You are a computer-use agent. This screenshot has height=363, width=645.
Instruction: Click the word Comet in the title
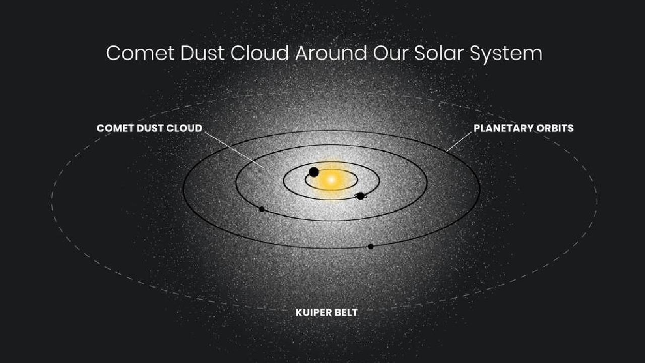click(141, 53)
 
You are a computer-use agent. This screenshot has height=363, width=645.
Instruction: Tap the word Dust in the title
click(203, 53)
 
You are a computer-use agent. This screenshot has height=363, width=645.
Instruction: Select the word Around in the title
click(331, 53)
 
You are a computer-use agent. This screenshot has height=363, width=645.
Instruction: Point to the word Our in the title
click(391, 53)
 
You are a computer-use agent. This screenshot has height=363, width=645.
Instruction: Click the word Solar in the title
click(439, 53)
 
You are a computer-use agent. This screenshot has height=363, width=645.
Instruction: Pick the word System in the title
click(506, 54)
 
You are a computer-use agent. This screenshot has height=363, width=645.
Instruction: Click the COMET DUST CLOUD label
click(150, 128)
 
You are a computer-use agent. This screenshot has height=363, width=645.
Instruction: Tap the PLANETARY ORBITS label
click(524, 128)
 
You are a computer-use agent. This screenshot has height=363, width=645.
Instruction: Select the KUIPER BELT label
click(327, 313)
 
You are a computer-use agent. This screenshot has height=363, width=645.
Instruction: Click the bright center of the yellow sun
click(332, 180)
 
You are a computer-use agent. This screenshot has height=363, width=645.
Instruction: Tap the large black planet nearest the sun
click(313, 172)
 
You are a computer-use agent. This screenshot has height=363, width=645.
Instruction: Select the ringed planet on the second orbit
click(360, 196)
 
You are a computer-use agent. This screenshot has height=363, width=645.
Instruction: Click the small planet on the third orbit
click(262, 209)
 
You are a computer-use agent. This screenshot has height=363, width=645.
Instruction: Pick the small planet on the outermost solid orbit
click(370, 247)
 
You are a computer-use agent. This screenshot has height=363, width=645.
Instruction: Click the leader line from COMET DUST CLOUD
click(234, 150)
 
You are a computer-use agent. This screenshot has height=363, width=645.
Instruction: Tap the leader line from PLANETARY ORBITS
click(459, 142)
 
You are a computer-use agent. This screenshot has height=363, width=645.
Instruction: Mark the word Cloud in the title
click(260, 53)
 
